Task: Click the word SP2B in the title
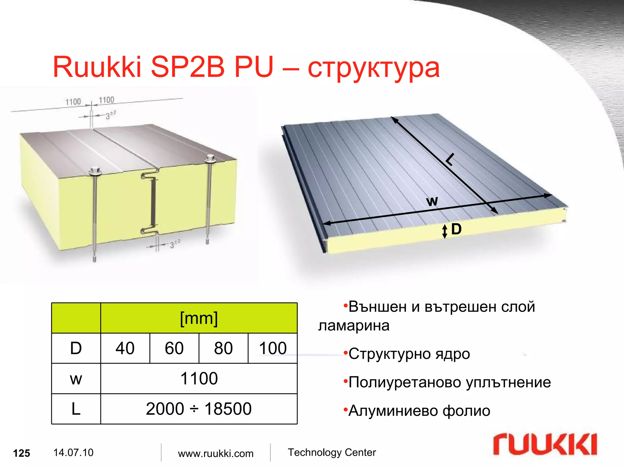pos(187,67)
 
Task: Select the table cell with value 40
pos(125,348)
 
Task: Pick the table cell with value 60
pos(174,348)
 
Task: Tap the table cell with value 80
pos(223,348)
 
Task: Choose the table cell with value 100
pos(273,348)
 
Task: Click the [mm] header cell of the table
pos(199,318)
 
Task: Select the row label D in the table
pos(76,348)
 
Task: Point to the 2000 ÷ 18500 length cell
pos(199,409)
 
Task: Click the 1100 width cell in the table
pos(199,379)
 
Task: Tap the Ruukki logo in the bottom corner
pos(545,445)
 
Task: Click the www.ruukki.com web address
pos(216,453)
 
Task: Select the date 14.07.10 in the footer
pos(73,453)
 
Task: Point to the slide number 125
pos(22,453)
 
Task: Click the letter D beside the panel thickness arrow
pos(456,229)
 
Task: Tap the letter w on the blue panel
pos(432,201)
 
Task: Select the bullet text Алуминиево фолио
pos(419,411)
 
